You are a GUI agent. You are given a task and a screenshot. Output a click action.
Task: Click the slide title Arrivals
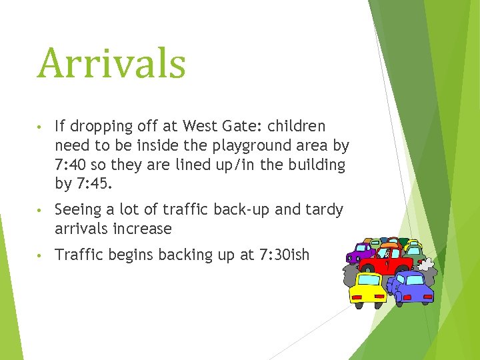(111, 64)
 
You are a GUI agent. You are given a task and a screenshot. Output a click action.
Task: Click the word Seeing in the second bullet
(77, 210)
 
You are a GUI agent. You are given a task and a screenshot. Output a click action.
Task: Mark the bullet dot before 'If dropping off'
(41, 127)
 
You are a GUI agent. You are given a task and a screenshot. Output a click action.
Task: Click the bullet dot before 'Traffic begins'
(41, 255)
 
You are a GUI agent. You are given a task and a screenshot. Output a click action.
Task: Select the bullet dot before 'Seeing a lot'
(41, 211)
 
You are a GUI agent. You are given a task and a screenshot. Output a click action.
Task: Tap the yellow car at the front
(369, 288)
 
